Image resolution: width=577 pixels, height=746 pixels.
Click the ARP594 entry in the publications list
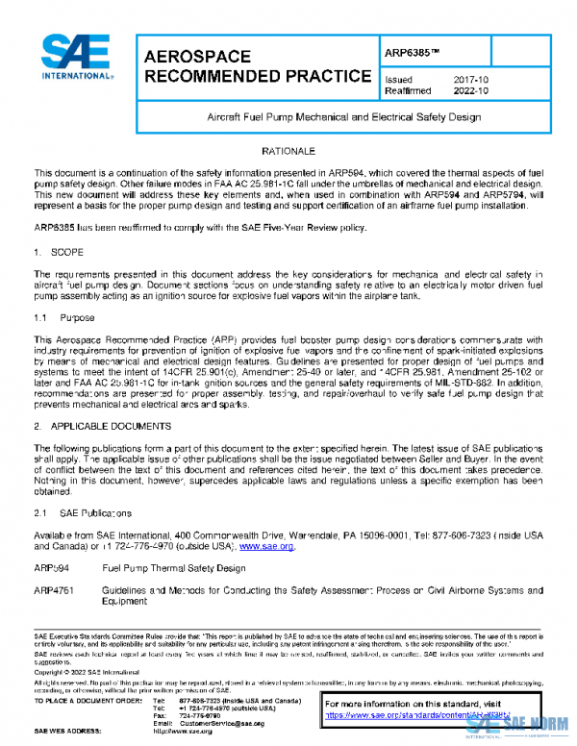click(x=50, y=568)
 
